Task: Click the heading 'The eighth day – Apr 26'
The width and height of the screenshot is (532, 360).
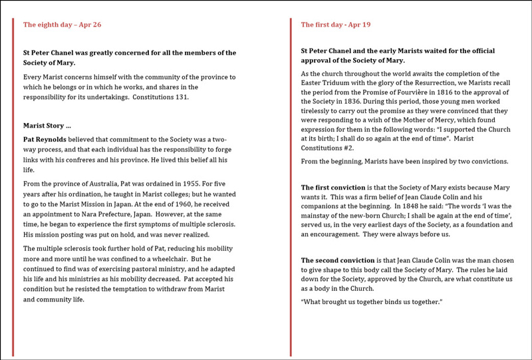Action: click(x=62, y=25)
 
